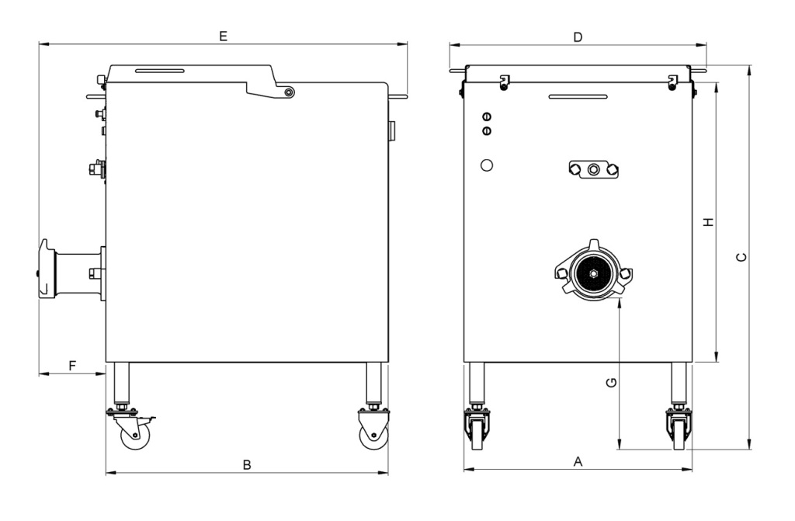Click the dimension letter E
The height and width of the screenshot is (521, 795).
pyautogui.click(x=223, y=36)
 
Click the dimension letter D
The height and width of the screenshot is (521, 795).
pyautogui.click(x=578, y=37)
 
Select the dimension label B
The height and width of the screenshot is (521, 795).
pyautogui.click(x=247, y=464)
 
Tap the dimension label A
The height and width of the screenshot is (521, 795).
pyautogui.click(x=578, y=462)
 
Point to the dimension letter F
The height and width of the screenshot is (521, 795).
pyautogui.click(x=72, y=365)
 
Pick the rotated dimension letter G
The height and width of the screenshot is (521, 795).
pyautogui.click(x=612, y=383)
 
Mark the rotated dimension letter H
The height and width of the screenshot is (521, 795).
pyautogui.click(x=709, y=222)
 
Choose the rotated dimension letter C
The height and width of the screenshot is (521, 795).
pyautogui.click(x=741, y=257)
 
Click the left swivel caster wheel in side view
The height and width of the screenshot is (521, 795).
pyautogui.click(x=135, y=435)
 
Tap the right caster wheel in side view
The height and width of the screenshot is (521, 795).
pyautogui.click(x=374, y=436)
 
